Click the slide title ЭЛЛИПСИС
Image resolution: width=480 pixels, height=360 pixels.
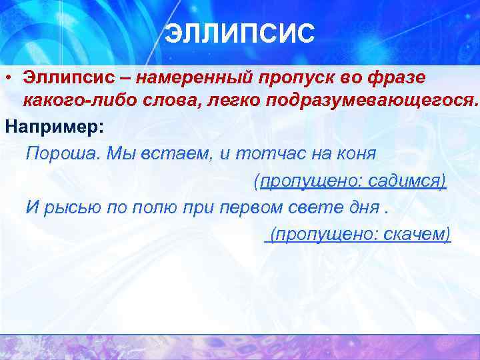pyautogui.click(x=239, y=34)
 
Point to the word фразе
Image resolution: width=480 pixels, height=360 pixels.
pyautogui.click(x=397, y=77)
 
